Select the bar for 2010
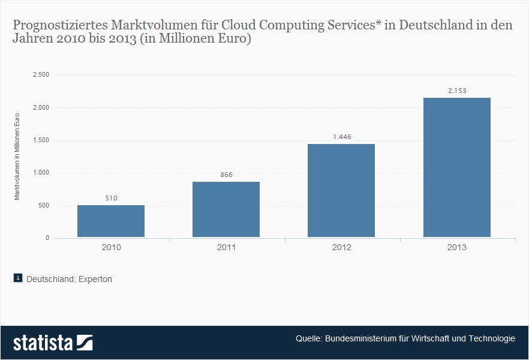point(111,221)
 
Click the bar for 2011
point(226,209)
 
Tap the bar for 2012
point(341,191)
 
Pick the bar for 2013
point(456,167)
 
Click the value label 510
point(111,198)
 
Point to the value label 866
point(226,175)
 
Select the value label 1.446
point(341,137)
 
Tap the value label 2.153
point(456,91)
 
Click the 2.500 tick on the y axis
point(41,75)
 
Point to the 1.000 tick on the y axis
point(41,173)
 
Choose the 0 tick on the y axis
point(47,238)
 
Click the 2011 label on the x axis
point(226,247)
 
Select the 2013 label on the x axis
point(456,247)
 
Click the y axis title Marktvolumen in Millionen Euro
point(17,157)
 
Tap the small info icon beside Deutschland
point(18,278)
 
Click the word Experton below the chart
point(96,279)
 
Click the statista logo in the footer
point(53,343)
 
